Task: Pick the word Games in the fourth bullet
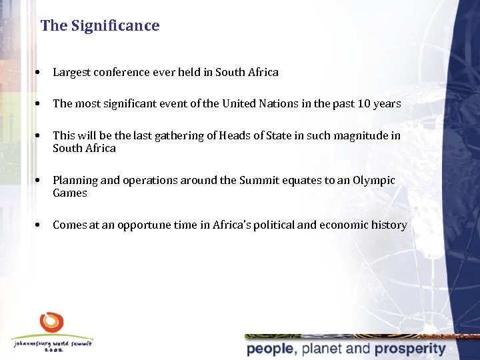tap(70, 193)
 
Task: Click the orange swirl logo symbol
tap(51, 322)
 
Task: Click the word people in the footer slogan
tap(271, 349)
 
